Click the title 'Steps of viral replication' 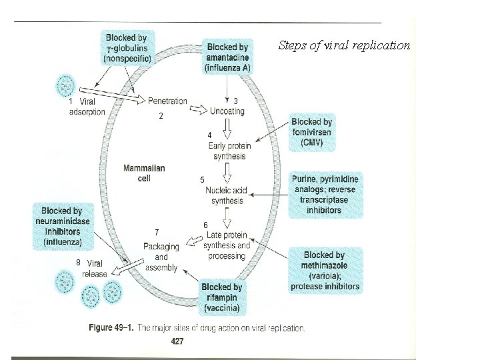tap(344, 45)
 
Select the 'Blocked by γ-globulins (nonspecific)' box tap(127, 48)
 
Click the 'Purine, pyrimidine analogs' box tap(325, 195)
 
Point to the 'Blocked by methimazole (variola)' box tap(325, 271)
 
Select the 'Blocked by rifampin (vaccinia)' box tap(221, 298)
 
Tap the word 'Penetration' tap(167, 101)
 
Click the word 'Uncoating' tap(227, 111)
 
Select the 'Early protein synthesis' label tap(229, 151)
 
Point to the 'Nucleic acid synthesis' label tap(227, 195)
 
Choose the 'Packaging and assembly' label tap(161, 257)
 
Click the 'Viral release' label tap(93, 268)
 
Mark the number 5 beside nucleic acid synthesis tap(203, 181)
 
